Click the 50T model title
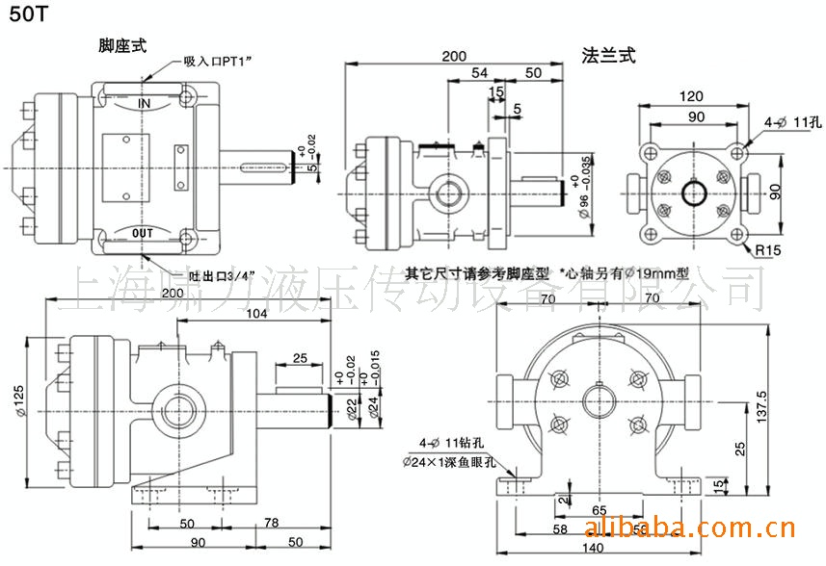pyautogui.click(x=25, y=17)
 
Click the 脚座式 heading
pyautogui.click(x=123, y=46)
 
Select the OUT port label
pyautogui.click(x=144, y=233)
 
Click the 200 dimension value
pyautogui.click(x=456, y=56)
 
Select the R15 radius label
pyautogui.click(x=767, y=251)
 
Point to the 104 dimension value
pyautogui.click(x=256, y=314)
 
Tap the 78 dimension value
pyautogui.click(x=271, y=523)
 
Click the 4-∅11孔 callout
pyautogui.click(x=791, y=123)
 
